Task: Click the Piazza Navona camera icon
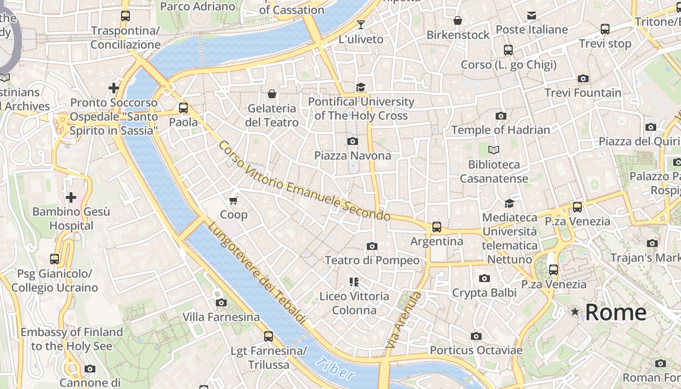click(x=353, y=141)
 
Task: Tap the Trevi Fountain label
click(x=583, y=92)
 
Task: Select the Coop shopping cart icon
click(x=233, y=200)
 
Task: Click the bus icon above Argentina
click(x=437, y=227)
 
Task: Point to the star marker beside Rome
click(x=575, y=312)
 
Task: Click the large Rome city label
click(x=616, y=312)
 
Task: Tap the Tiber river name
click(x=335, y=368)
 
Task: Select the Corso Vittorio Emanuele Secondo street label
click(x=304, y=181)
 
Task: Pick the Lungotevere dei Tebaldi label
click(x=258, y=273)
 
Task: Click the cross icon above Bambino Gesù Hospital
click(x=71, y=197)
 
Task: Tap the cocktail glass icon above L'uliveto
click(x=360, y=25)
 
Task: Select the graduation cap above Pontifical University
click(x=360, y=88)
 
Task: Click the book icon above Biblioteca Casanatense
click(x=494, y=150)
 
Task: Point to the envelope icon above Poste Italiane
click(x=532, y=16)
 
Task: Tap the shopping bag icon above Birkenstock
click(x=458, y=20)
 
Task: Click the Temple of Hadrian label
click(x=501, y=130)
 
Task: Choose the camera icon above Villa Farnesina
click(x=221, y=303)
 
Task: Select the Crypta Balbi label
click(x=484, y=293)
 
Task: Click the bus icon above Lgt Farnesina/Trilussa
click(x=268, y=336)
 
